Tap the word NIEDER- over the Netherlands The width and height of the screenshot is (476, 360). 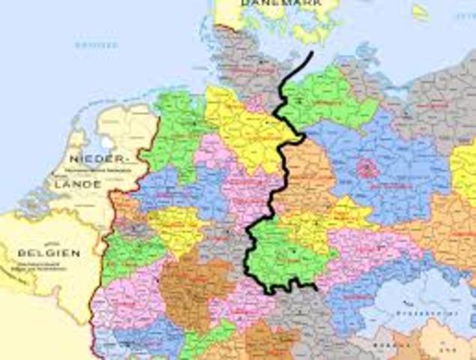96,159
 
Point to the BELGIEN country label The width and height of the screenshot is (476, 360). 49,253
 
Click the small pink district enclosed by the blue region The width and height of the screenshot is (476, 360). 367,168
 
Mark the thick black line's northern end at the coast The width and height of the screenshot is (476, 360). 310,54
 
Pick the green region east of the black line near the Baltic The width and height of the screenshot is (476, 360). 326,101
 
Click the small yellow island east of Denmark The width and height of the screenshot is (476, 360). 420,11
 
